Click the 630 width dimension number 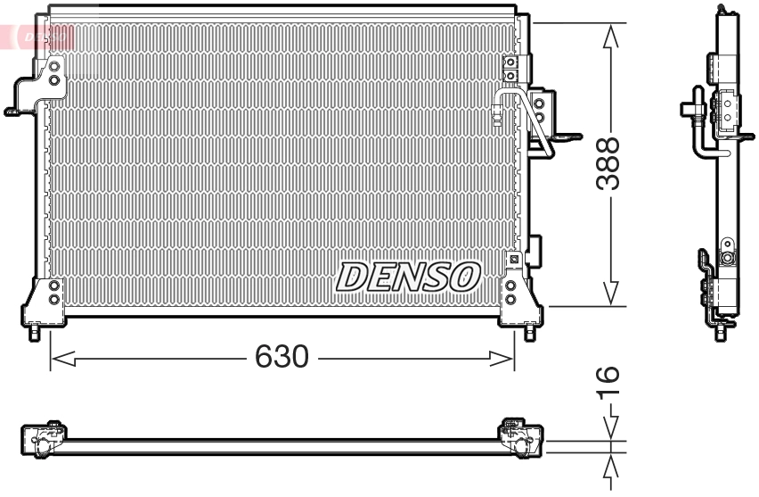click(x=282, y=357)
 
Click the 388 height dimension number click(x=608, y=164)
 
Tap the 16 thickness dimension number click(x=608, y=382)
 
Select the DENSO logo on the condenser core click(x=408, y=277)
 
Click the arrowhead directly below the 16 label click(x=610, y=427)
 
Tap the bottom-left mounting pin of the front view click(x=34, y=334)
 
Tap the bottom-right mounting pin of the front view click(x=530, y=334)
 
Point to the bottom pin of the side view click(x=721, y=333)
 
